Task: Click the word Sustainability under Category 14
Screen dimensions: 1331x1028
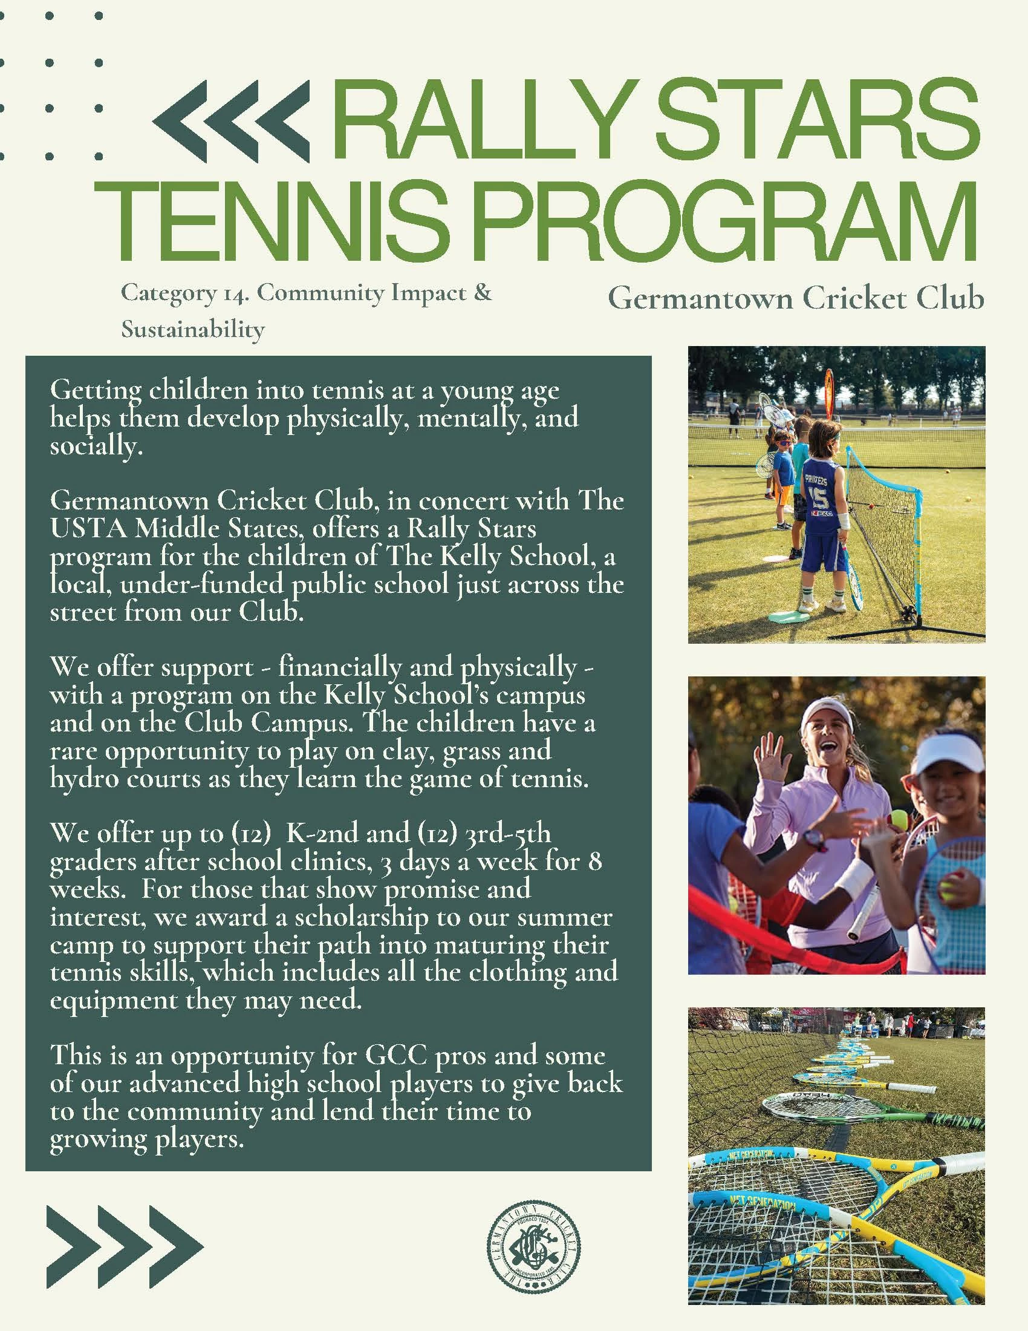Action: click(192, 330)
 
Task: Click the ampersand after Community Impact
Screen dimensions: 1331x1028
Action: click(482, 294)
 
